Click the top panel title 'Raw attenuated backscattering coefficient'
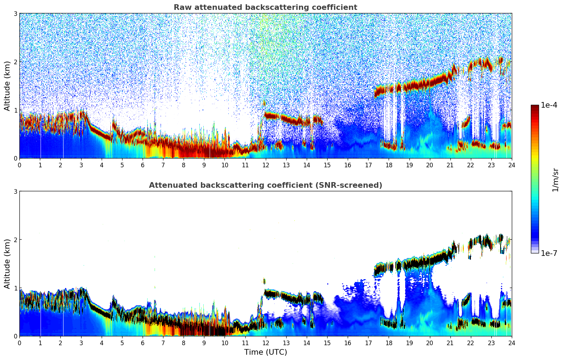(x=265, y=7)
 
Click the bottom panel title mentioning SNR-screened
(x=265, y=185)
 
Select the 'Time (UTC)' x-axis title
(x=265, y=352)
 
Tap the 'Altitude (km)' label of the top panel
(x=7, y=86)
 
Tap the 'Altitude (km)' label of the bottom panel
(x=7, y=264)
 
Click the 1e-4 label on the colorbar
(x=549, y=105)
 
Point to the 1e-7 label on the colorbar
(x=549, y=253)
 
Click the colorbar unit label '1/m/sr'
(x=555, y=180)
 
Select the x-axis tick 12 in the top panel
(x=265, y=165)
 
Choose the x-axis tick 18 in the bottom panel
(x=389, y=343)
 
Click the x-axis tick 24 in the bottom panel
(x=511, y=343)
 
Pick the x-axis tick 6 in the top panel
(x=143, y=165)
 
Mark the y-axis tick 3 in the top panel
(x=16, y=13)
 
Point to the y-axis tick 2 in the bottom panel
(x=16, y=240)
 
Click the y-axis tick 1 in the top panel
(x=16, y=110)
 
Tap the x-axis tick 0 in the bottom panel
(x=19, y=343)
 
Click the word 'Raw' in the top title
(x=181, y=7)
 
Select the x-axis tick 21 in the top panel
(x=450, y=165)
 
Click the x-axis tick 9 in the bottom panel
(x=204, y=343)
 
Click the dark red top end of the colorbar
(x=535, y=107)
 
